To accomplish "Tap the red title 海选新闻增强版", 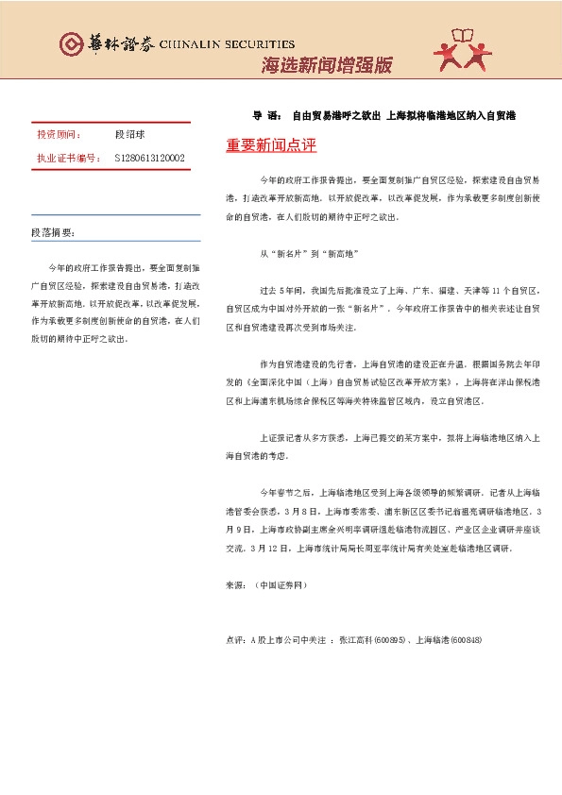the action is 326,65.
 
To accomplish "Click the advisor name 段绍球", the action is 130,136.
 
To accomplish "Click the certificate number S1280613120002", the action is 149,158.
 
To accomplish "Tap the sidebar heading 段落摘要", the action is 54,232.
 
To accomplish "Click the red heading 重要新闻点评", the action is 271,146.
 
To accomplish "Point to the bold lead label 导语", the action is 265,116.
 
